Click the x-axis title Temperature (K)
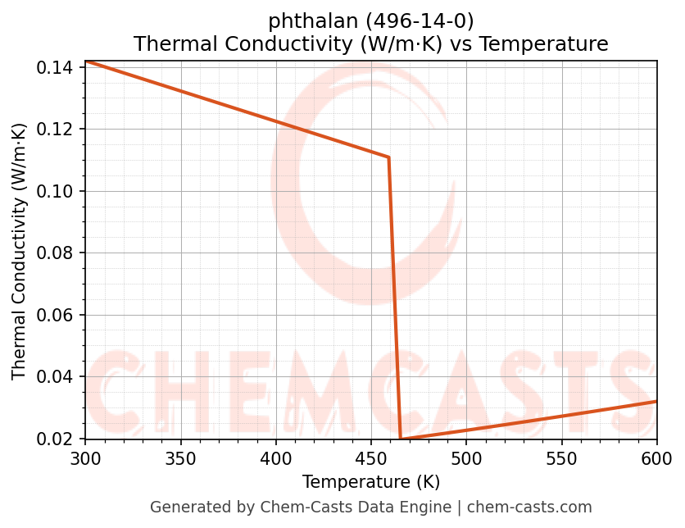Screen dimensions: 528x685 371,482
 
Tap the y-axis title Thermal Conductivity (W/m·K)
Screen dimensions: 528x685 20,252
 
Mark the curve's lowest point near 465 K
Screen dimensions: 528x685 401,439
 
